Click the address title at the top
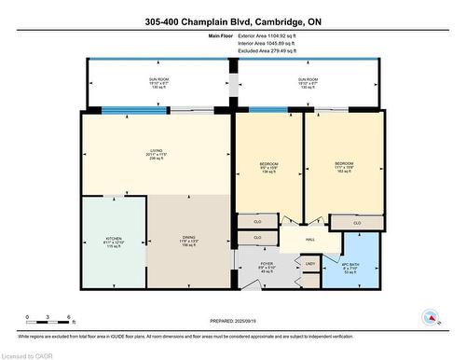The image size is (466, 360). [232, 21]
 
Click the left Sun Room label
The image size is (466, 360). [157, 82]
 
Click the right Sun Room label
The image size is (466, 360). [308, 82]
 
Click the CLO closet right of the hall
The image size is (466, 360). [357, 223]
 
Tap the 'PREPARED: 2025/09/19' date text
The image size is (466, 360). [233, 323]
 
